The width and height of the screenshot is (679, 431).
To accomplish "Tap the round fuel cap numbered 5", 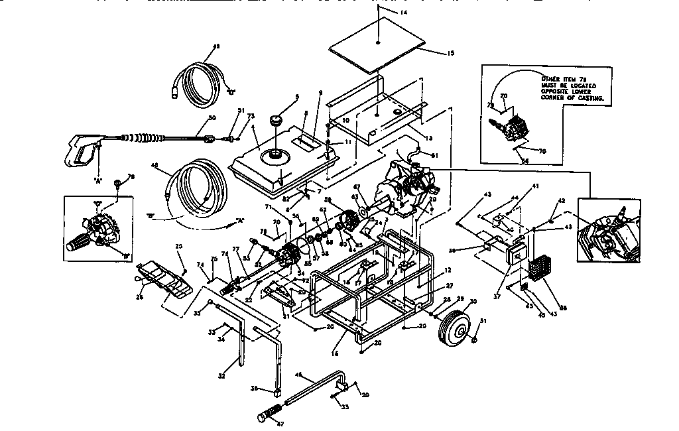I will (x=276, y=123).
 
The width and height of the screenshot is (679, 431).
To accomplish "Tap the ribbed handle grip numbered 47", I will (x=271, y=416).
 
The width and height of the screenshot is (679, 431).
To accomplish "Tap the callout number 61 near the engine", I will (x=434, y=156).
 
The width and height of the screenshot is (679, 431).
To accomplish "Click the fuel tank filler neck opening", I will (x=273, y=156).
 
